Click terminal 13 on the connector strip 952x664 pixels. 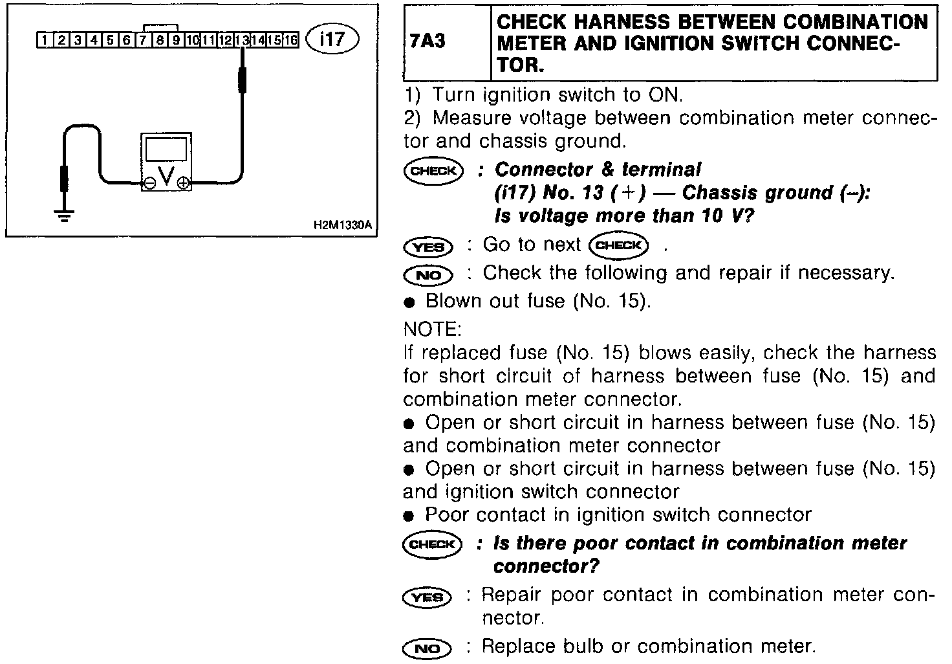point(242,41)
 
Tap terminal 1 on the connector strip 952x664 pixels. point(44,41)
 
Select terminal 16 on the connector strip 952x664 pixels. point(291,41)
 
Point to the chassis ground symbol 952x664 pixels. point(64,216)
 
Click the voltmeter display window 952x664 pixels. point(166,149)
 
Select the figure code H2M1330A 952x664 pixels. point(342,225)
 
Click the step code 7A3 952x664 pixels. point(428,43)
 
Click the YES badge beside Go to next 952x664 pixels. point(427,247)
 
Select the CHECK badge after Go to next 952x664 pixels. point(619,245)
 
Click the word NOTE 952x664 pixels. point(432,329)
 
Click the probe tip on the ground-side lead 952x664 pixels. point(63,179)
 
